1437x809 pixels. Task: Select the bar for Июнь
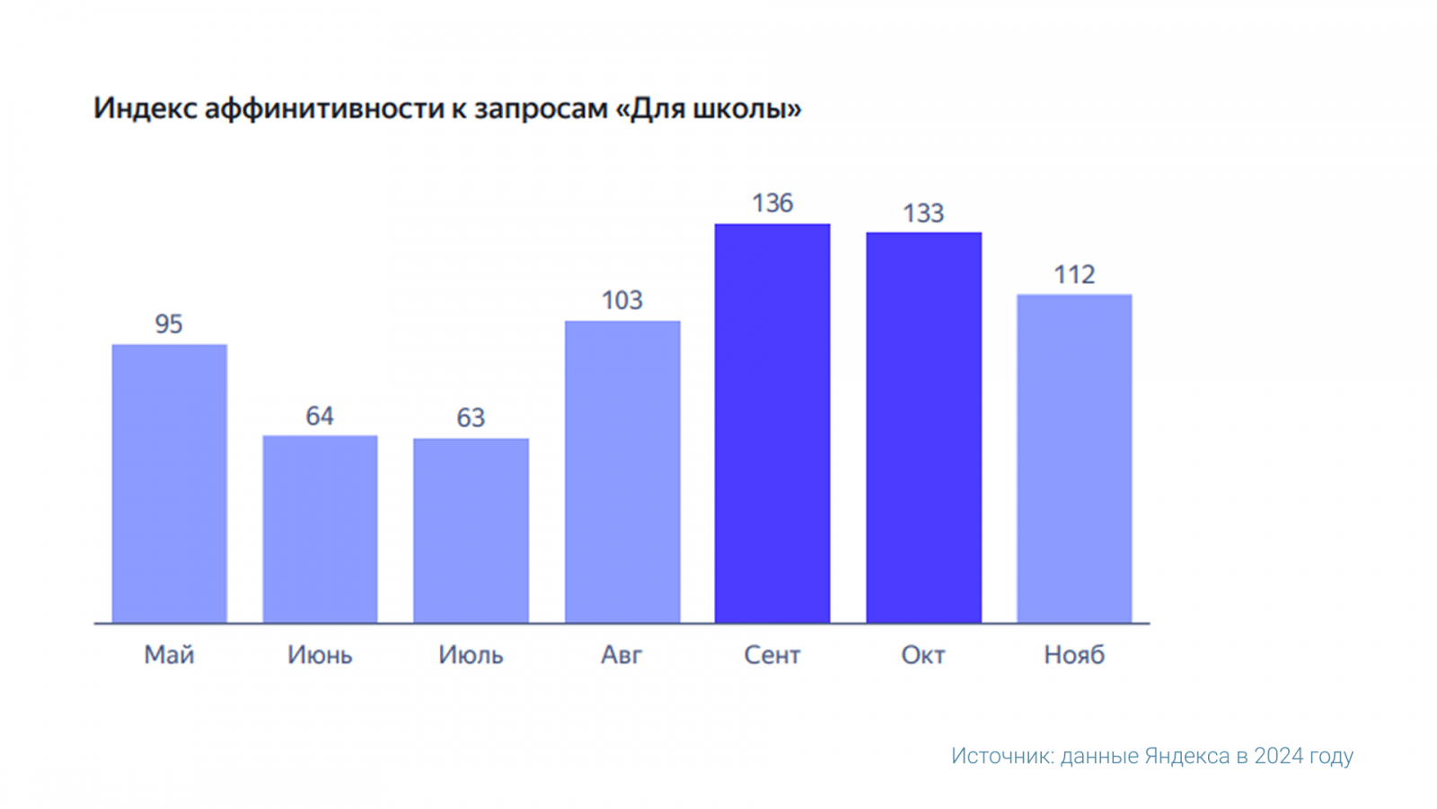pyautogui.click(x=320, y=529)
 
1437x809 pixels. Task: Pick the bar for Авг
pyautogui.click(x=622, y=472)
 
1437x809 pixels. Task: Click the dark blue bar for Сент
pyautogui.click(x=772, y=423)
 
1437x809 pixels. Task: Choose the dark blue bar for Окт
pyautogui.click(x=923, y=428)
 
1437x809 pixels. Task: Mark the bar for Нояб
pyautogui.click(x=1074, y=458)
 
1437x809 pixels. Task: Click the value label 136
pyautogui.click(x=772, y=203)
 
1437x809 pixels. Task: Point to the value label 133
pyautogui.click(x=923, y=213)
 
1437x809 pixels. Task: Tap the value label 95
pyautogui.click(x=169, y=324)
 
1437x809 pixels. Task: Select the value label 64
pyautogui.click(x=320, y=416)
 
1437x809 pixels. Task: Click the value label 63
pyautogui.click(x=471, y=418)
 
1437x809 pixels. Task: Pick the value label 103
pyautogui.click(x=622, y=300)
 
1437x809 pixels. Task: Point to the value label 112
pyautogui.click(x=1074, y=274)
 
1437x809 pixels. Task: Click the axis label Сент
pyautogui.click(x=772, y=654)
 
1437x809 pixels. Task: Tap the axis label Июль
pyautogui.click(x=471, y=654)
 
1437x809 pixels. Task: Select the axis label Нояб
pyautogui.click(x=1074, y=654)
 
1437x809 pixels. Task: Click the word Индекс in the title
pyautogui.click(x=144, y=109)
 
